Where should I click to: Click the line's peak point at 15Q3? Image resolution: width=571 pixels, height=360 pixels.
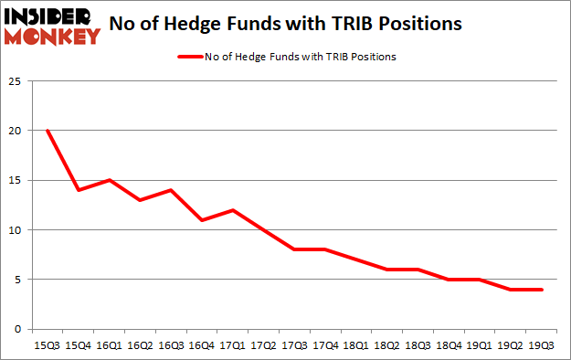[x=48, y=131]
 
